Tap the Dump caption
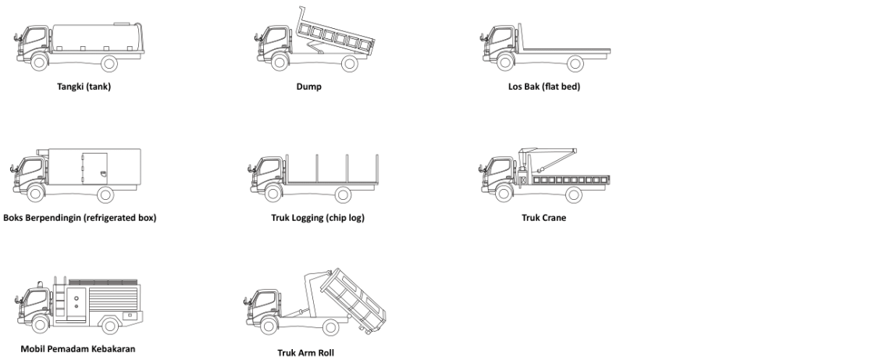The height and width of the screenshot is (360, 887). [x=308, y=87]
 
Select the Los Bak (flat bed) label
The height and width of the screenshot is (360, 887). [x=543, y=87]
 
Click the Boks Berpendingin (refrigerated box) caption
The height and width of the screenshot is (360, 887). [x=80, y=218]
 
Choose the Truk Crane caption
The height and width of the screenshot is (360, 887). [x=543, y=218]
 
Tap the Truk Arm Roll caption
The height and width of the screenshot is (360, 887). [x=305, y=352]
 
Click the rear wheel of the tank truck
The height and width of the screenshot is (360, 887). [x=109, y=63]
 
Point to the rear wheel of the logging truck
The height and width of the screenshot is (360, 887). [x=343, y=194]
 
